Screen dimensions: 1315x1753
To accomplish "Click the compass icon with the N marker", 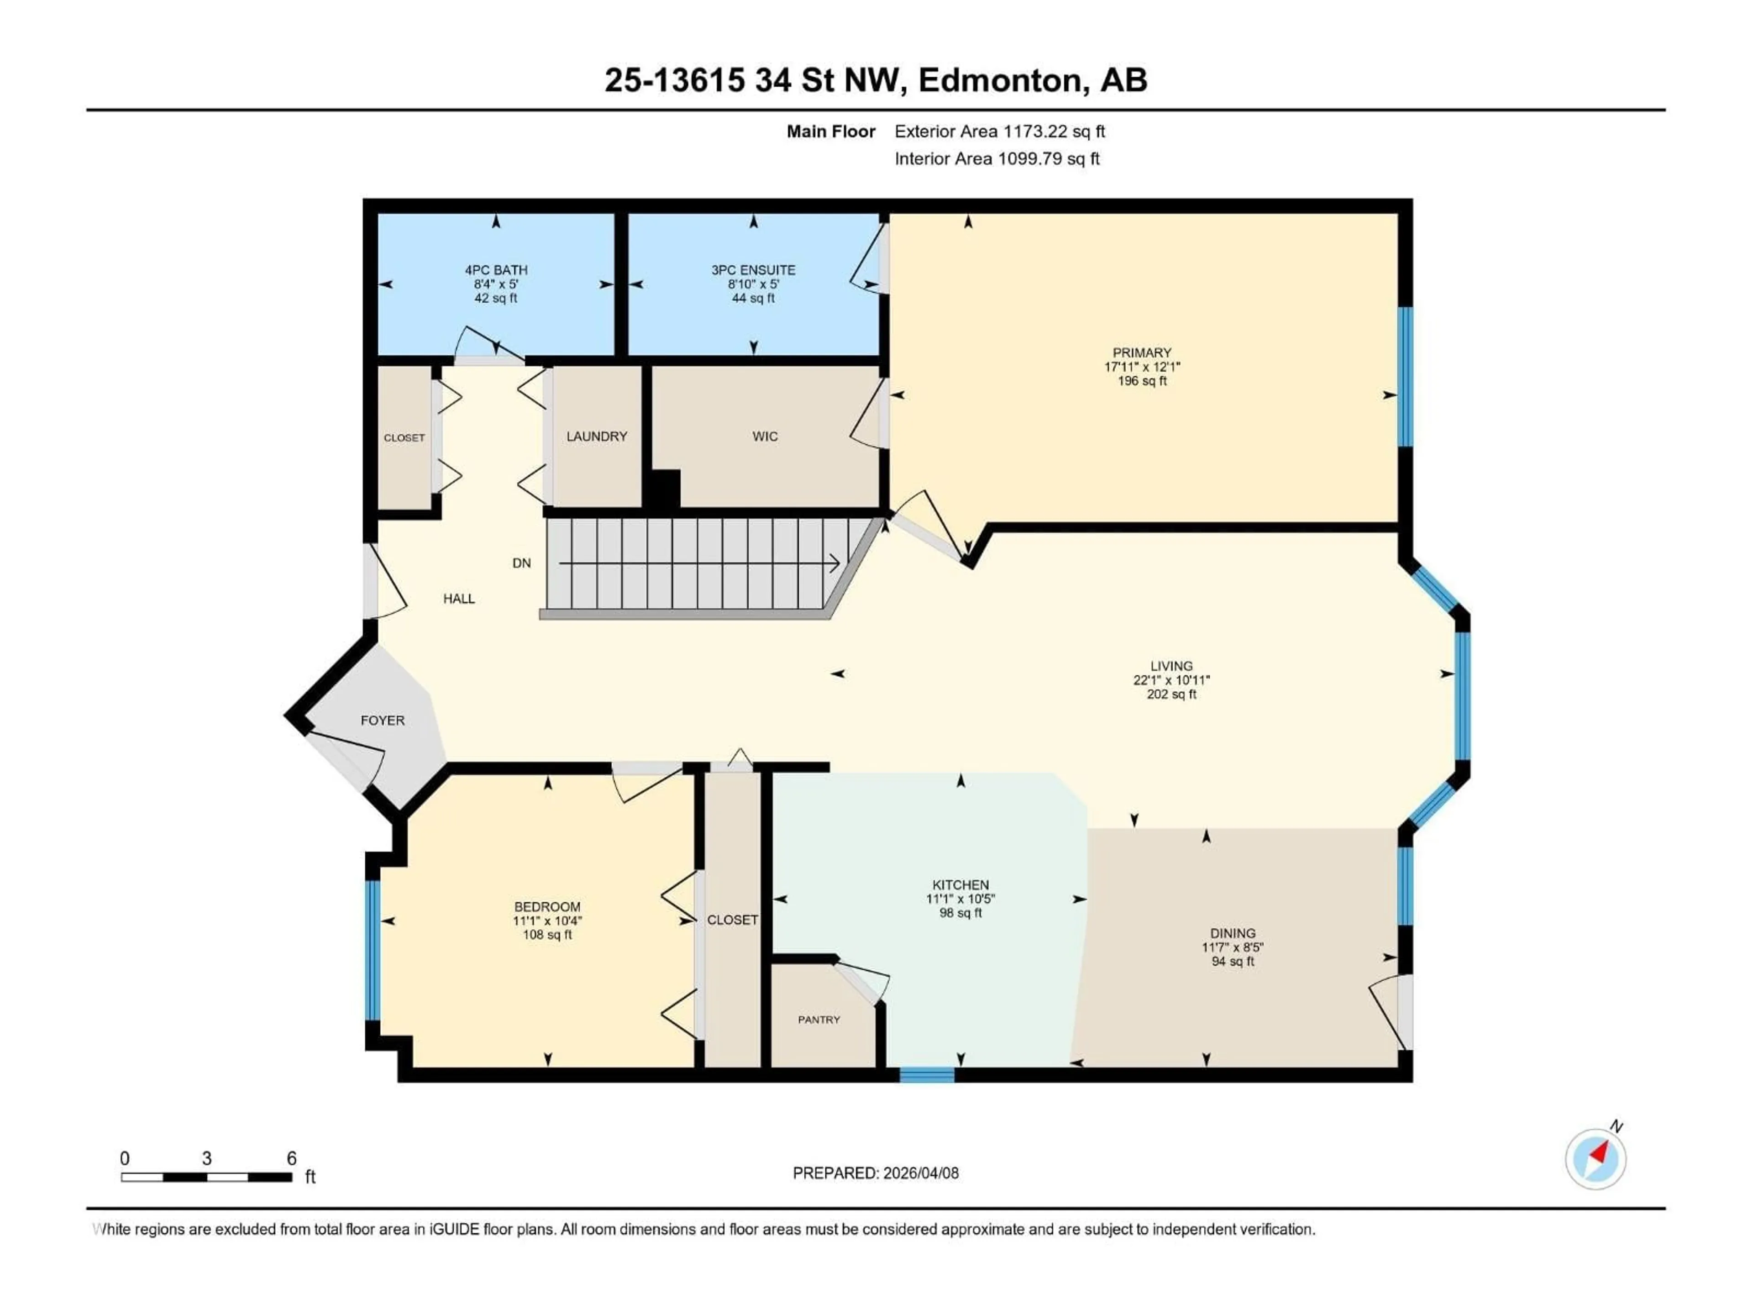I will pyautogui.click(x=1596, y=1158).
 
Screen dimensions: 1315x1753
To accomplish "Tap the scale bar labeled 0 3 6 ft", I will pyautogui.click(x=206, y=1177).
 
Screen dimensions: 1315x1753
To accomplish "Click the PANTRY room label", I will pyautogui.click(x=819, y=1019).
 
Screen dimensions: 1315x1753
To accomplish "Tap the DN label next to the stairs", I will pyautogui.click(x=521, y=563).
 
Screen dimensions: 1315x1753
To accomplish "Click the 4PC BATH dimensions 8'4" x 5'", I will pyautogui.click(x=496, y=284).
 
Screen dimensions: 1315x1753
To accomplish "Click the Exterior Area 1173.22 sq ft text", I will pyautogui.click(x=999, y=131).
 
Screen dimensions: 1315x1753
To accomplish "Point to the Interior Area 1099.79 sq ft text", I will pyautogui.click(x=997, y=158).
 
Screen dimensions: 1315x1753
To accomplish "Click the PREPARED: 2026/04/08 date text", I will pyautogui.click(x=876, y=1173).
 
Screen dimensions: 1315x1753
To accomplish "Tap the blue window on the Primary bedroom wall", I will pyautogui.click(x=1405, y=377).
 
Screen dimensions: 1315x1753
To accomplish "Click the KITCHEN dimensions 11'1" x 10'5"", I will pyautogui.click(x=960, y=899).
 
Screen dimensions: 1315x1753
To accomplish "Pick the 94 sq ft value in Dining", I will pyautogui.click(x=1233, y=962).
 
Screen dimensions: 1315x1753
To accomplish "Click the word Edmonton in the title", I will pyautogui.click(x=1000, y=80).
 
